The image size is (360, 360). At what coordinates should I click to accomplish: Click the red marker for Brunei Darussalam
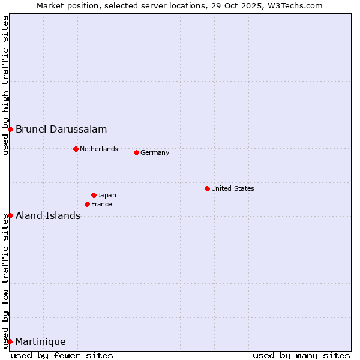(10, 129)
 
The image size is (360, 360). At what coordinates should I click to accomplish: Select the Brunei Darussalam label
(61, 129)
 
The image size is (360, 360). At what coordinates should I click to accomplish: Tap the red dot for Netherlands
(76, 149)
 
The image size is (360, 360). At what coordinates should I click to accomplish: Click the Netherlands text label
(99, 149)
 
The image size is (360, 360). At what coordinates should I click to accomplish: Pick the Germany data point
(136, 152)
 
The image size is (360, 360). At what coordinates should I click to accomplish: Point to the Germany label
(155, 152)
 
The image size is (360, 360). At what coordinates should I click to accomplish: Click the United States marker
(207, 188)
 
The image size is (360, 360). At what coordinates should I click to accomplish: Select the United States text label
(233, 188)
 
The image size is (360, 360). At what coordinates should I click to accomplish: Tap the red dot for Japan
(94, 195)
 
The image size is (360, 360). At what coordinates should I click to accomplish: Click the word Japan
(107, 195)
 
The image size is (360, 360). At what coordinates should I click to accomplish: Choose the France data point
(87, 204)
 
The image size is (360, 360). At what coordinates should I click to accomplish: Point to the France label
(101, 204)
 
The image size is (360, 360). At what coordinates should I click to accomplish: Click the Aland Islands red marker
(10, 215)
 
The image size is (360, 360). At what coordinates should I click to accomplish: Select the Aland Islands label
(48, 215)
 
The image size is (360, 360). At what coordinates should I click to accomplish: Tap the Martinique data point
(10, 341)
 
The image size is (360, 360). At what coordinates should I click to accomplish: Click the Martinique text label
(40, 341)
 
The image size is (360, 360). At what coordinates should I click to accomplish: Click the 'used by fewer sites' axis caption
(62, 355)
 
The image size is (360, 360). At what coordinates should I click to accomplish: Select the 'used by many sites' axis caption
(301, 355)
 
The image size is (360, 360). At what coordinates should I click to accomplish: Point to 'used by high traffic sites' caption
(5, 85)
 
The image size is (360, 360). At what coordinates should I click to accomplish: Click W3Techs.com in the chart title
(296, 5)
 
